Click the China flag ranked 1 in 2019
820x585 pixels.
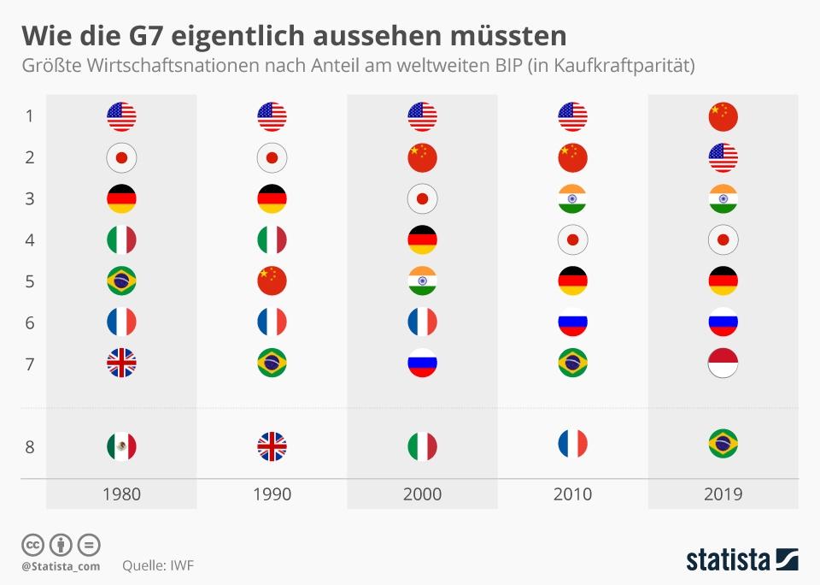pyautogui.click(x=723, y=116)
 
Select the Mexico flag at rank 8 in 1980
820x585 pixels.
pyautogui.click(x=121, y=446)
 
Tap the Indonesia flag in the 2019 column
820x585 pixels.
pyautogui.click(x=723, y=363)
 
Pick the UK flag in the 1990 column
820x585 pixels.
pyautogui.click(x=272, y=446)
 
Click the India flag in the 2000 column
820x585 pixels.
pyautogui.click(x=422, y=281)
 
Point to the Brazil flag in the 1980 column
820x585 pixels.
pyautogui.click(x=121, y=281)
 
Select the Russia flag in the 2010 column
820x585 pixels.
pyautogui.click(x=572, y=322)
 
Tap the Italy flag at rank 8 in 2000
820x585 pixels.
pyautogui.click(x=422, y=446)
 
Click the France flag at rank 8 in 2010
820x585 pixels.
pyautogui.click(x=572, y=444)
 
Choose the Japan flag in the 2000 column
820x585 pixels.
pyautogui.click(x=422, y=198)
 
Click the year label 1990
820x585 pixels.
pyautogui.click(x=272, y=494)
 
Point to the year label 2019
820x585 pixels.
pyautogui.click(x=723, y=494)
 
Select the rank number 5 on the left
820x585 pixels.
pyautogui.click(x=29, y=281)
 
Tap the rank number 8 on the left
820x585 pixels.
pyautogui.click(x=29, y=446)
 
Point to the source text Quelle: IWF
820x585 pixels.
pyautogui.click(x=158, y=565)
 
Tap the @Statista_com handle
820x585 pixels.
pyautogui.click(x=61, y=565)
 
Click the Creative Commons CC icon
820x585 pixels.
pyautogui.click(x=32, y=544)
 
